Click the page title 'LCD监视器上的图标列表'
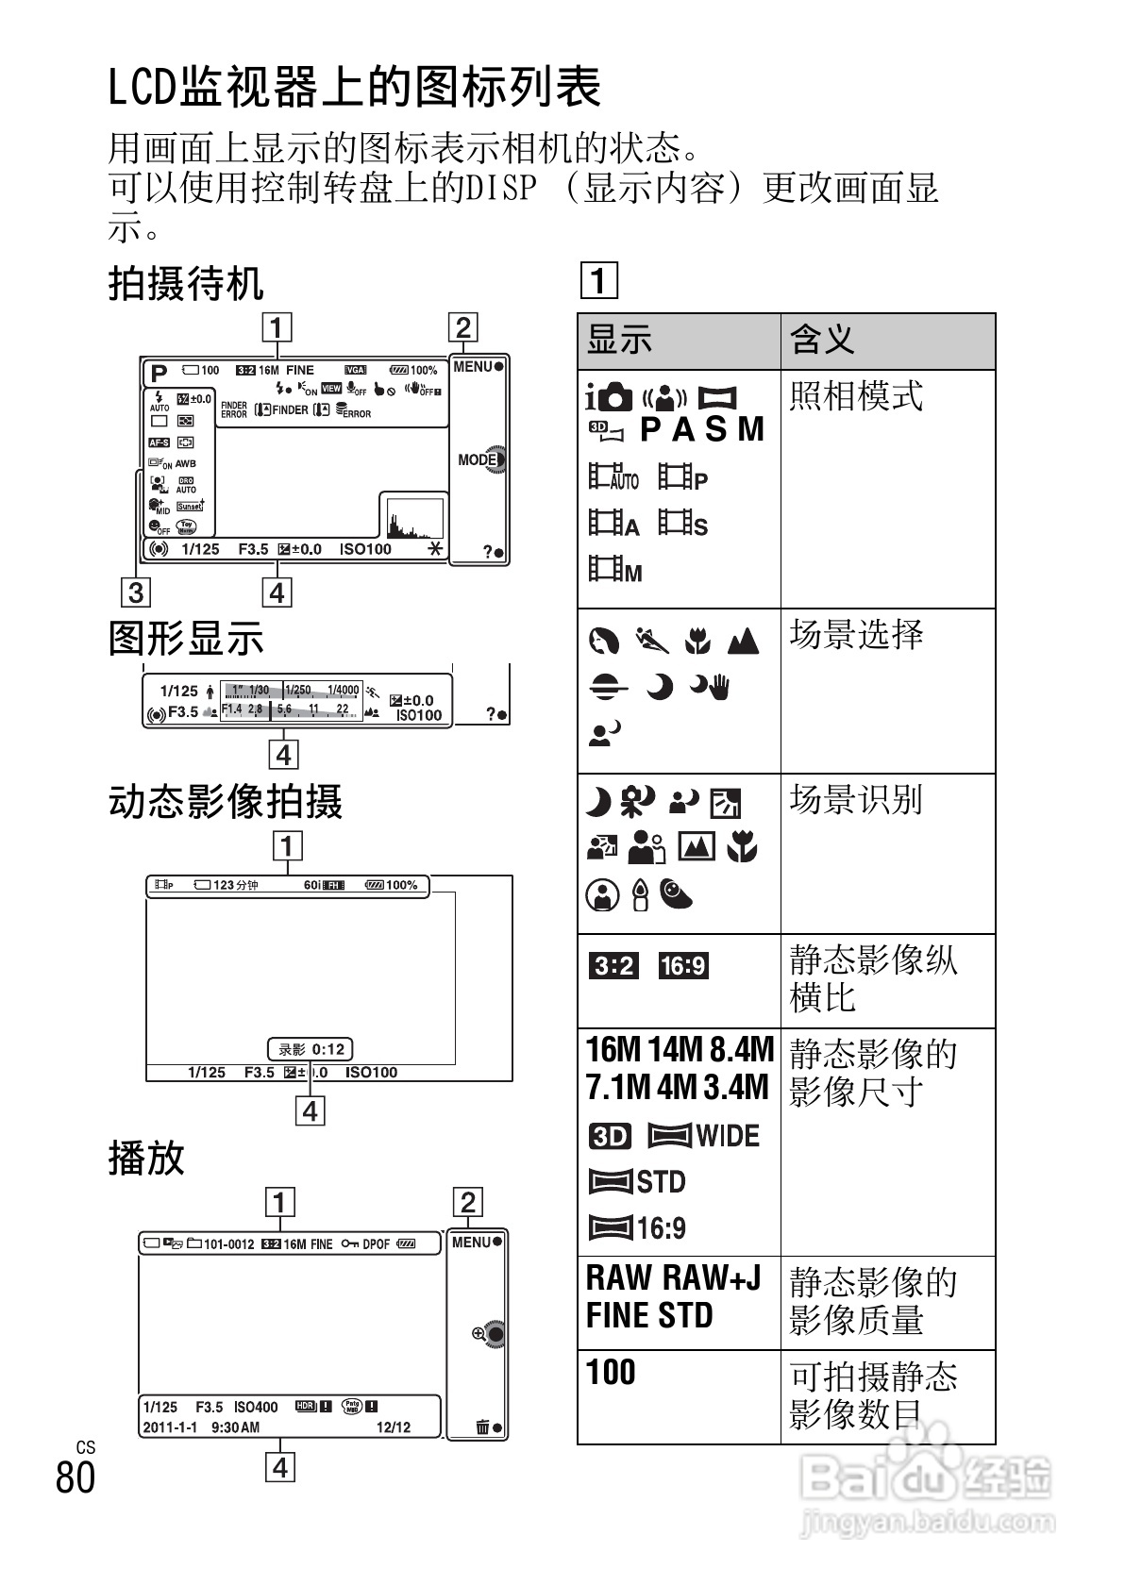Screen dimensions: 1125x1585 click(355, 88)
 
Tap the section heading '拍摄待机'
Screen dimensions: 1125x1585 click(186, 283)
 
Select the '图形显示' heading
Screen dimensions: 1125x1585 click(186, 639)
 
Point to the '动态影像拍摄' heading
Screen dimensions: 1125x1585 click(226, 802)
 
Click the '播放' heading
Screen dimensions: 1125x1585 click(146, 1158)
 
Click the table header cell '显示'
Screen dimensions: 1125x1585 click(620, 340)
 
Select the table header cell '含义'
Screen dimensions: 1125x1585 click(822, 340)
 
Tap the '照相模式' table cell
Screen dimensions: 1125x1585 click(856, 396)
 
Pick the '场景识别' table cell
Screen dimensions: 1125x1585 click(856, 800)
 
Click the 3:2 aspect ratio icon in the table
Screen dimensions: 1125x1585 click(613, 966)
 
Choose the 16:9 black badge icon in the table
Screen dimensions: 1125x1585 click(683, 966)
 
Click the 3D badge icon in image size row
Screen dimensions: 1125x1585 click(610, 1136)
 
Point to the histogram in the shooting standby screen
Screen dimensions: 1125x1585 click(413, 518)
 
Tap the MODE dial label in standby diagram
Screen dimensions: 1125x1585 click(479, 459)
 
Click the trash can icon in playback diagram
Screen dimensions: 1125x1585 click(483, 1426)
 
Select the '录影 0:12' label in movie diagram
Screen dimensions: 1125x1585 click(311, 1048)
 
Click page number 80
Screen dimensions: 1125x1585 click(76, 1477)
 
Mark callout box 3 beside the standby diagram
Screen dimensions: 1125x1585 click(137, 592)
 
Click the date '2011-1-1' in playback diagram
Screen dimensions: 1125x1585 click(170, 1427)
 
